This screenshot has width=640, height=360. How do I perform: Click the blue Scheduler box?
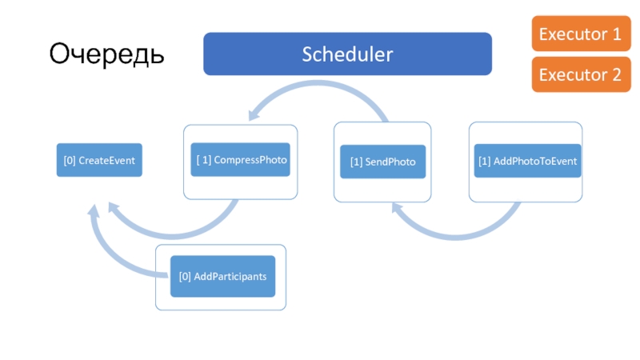click(347, 54)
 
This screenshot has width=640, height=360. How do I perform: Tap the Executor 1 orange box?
click(581, 34)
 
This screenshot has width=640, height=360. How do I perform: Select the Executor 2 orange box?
click(581, 74)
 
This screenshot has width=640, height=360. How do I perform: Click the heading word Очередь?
click(106, 54)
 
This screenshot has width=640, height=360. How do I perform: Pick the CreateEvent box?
click(99, 160)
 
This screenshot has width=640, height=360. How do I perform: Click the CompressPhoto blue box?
click(241, 159)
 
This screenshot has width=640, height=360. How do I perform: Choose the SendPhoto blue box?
click(383, 162)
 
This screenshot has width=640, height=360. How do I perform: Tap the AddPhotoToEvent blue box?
click(527, 161)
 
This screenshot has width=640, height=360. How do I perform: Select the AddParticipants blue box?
click(223, 276)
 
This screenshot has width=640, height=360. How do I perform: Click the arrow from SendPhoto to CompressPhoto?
click(318, 84)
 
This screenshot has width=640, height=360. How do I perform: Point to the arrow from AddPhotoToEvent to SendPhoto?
click(455, 236)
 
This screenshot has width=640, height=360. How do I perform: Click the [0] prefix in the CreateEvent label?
click(70, 161)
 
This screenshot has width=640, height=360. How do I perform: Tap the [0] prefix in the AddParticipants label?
click(185, 277)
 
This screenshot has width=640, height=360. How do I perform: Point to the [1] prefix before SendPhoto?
click(356, 162)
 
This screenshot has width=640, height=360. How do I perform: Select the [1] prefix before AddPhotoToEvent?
click(485, 162)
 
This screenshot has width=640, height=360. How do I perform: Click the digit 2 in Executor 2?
click(616, 74)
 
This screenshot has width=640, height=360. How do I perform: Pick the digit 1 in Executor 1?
click(617, 34)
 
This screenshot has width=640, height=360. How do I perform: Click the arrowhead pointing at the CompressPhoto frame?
click(254, 114)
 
